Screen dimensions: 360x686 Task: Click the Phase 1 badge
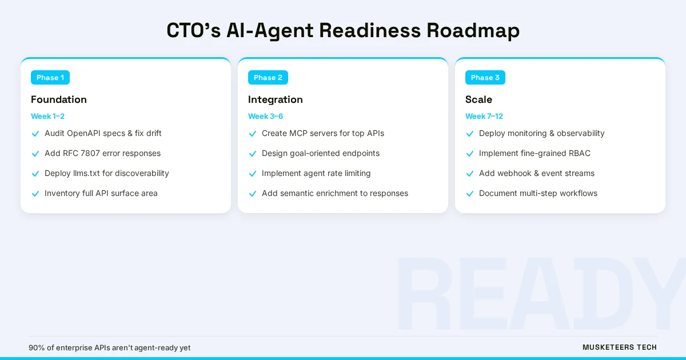click(50, 78)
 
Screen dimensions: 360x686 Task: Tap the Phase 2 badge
click(268, 78)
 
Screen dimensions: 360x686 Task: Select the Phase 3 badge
click(485, 78)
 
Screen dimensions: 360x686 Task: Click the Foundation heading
click(59, 99)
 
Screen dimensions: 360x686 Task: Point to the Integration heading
click(275, 99)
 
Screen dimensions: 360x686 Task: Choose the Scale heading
click(478, 99)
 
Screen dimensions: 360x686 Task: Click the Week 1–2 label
click(47, 116)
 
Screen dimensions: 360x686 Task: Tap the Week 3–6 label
click(265, 116)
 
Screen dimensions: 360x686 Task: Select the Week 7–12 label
click(484, 116)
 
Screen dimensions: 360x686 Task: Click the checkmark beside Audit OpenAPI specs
click(35, 134)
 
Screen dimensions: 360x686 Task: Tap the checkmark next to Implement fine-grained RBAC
click(470, 154)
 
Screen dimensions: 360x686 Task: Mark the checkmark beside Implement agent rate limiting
click(253, 174)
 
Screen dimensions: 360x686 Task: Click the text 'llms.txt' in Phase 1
click(86, 173)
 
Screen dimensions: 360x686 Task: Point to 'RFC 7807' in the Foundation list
click(81, 153)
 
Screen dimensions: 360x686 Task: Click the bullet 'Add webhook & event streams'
click(536, 173)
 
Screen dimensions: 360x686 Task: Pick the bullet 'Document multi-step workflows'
click(538, 193)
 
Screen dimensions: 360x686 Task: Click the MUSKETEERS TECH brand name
click(619, 347)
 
